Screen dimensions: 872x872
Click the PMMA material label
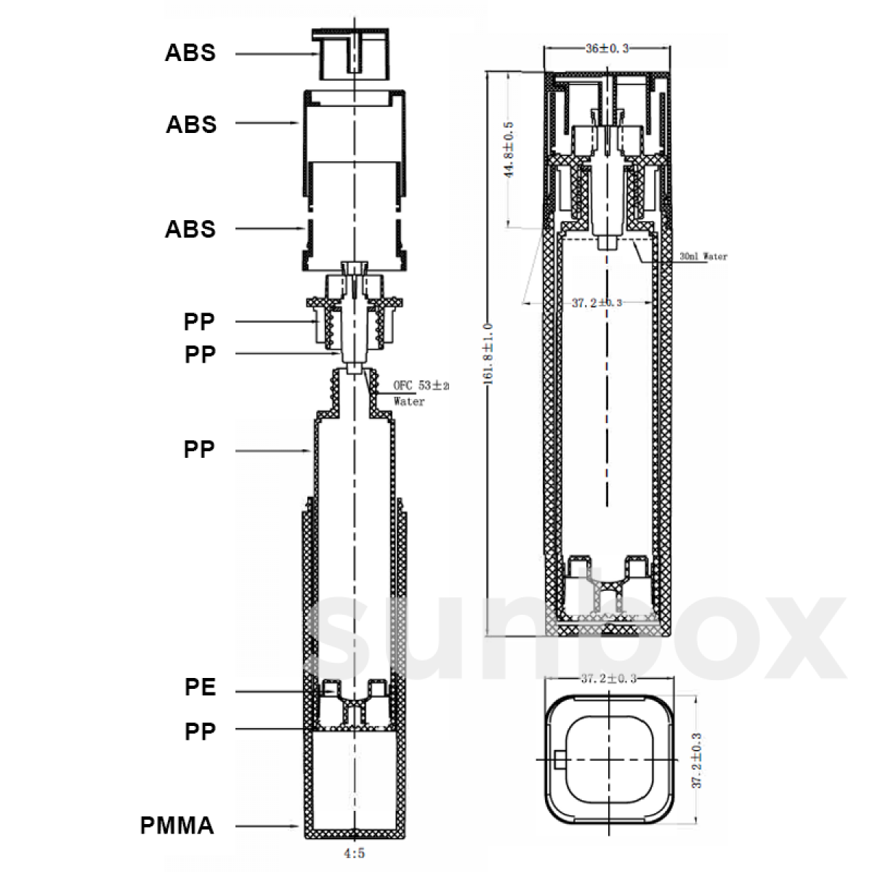coord(177,825)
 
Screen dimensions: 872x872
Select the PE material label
coord(201,687)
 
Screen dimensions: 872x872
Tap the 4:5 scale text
coord(354,855)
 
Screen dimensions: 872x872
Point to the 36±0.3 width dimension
coord(607,49)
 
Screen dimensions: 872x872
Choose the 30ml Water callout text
coord(703,257)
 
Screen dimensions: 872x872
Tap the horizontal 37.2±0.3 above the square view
coord(608,679)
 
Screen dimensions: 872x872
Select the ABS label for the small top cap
coord(190,53)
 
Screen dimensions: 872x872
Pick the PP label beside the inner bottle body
coord(199,450)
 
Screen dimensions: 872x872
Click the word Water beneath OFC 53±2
coord(409,401)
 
